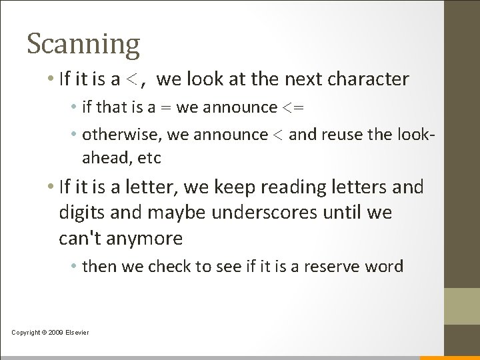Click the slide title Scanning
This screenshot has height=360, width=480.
pos(83,43)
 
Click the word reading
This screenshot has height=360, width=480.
pos(305,187)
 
